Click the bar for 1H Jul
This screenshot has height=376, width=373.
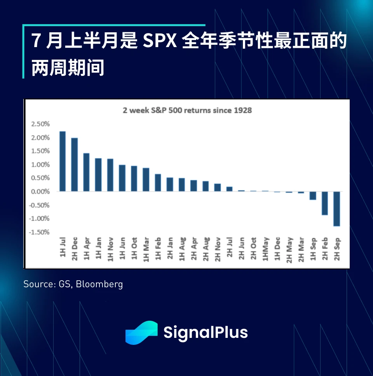tap(63, 162)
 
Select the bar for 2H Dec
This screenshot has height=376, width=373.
tap(75, 165)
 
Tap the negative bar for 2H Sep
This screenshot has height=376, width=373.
tap(337, 209)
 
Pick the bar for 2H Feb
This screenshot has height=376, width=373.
tap(325, 203)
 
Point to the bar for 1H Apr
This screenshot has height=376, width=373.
tap(86, 172)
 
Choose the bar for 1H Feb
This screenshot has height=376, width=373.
tap(158, 183)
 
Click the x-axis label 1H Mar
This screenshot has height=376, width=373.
tap(146, 249)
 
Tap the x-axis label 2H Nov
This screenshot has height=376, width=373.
tap(218, 249)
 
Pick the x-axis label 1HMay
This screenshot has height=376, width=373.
tap(265, 249)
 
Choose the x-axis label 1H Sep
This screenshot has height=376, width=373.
tap(313, 249)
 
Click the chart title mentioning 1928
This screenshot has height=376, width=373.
tap(187, 111)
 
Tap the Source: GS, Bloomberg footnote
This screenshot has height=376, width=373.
tap(73, 284)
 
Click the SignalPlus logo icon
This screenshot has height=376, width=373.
tap(141, 333)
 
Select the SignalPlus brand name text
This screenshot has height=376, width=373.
tap(206, 333)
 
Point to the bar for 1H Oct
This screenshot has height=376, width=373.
tap(134, 179)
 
